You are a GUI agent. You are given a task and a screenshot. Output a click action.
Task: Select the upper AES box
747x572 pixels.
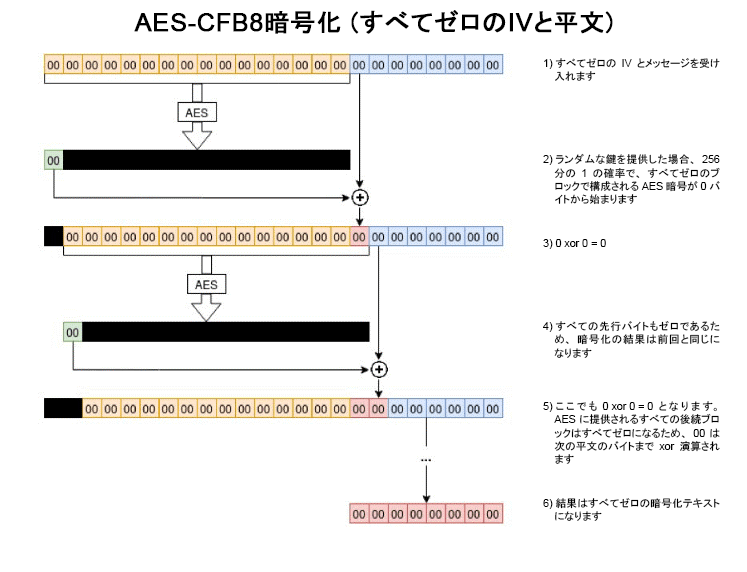pos(197,113)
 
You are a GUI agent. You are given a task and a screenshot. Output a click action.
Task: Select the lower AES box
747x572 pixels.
pos(206,284)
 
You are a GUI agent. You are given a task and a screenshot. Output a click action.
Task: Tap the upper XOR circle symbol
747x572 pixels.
pos(358,196)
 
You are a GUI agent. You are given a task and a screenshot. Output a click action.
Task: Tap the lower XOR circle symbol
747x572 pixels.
pos(378,368)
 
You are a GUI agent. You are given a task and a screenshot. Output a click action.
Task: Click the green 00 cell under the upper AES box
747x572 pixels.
pos(54,160)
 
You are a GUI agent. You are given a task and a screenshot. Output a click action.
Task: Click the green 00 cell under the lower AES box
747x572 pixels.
pos(72,331)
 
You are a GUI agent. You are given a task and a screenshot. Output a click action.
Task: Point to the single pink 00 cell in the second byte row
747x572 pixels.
pos(359,237)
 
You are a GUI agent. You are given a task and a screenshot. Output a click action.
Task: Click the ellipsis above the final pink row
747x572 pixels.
pos(426,459)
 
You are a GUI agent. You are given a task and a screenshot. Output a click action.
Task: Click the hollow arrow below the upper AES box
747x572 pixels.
pos(197,137)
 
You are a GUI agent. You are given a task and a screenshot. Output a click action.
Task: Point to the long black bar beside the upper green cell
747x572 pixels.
pos(206,160)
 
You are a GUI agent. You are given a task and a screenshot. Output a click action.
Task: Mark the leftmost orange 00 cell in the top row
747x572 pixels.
pos(54,65)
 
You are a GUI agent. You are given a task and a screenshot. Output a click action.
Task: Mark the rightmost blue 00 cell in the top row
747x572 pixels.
pos(492,65)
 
